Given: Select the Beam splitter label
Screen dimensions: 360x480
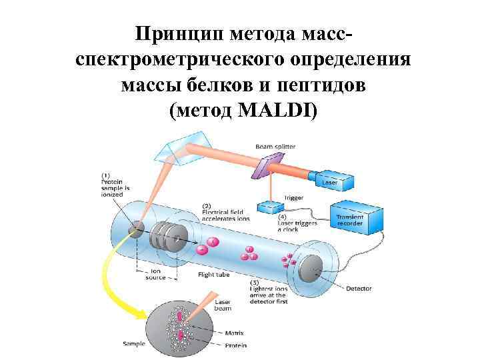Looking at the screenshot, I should tap(276, 147).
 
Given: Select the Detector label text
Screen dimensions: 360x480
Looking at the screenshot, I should tap(359, 289).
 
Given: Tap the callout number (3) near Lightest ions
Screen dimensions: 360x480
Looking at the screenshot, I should tap(254, 283).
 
